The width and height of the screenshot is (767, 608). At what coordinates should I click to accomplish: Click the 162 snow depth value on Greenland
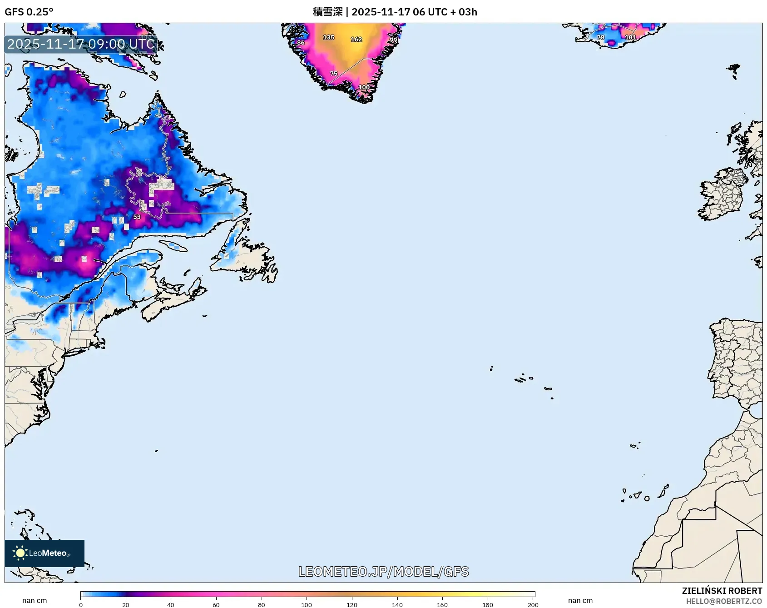click(356, 40)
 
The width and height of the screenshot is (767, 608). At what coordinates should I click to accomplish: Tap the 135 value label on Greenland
click(328, 37)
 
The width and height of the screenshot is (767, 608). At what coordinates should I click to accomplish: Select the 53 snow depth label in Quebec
click(137, 217)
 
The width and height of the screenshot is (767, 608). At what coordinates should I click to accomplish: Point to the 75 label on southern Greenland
click(334, 74)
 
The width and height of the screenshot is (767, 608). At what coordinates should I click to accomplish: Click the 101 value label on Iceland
click(630, 37)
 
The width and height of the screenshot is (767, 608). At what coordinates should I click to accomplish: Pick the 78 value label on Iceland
click(600, 37)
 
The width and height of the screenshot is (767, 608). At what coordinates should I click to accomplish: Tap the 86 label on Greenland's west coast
click(301, 43)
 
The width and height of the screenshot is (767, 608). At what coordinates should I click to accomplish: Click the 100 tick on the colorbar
click(307, 604)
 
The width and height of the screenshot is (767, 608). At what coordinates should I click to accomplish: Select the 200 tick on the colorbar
click(533, 604)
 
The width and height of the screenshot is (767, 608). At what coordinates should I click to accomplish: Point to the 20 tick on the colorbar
click(126, 604)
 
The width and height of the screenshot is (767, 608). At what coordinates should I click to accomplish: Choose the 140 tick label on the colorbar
click(397, 604)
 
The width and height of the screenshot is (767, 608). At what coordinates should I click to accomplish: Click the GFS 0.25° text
click(29, 12)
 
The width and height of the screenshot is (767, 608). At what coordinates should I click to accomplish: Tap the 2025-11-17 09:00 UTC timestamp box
click(81, 44)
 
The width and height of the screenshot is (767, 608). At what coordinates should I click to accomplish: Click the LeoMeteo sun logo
click(20, 553)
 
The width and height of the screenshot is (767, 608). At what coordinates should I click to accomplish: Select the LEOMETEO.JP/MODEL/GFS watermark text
click(383, 571)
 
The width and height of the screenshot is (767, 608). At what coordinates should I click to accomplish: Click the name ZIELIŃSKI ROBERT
click(722, 591)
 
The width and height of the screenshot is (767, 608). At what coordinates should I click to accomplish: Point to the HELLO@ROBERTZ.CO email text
click(723, 601)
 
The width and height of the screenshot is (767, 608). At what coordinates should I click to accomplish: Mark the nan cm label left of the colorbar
click(35, 600)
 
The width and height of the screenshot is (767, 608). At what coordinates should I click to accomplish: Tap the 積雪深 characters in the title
click(327, 12)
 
